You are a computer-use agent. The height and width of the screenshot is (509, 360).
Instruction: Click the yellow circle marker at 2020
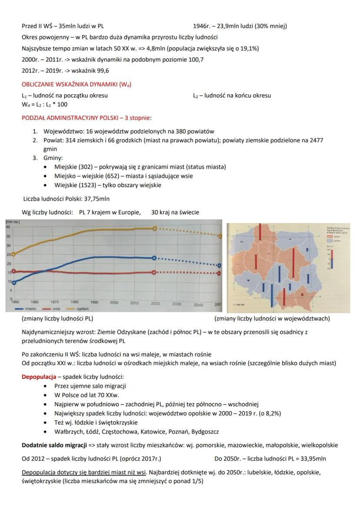click(x=154, y=229)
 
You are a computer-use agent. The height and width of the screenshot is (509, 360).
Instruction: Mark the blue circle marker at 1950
click(x=14, y=283)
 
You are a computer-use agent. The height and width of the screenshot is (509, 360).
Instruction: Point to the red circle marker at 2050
click(x=219, y=273)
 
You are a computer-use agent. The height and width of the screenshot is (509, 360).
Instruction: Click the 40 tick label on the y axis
click(x=8, y=227)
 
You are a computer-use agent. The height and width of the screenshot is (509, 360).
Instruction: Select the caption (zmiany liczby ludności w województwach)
click(x=272, y=319)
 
